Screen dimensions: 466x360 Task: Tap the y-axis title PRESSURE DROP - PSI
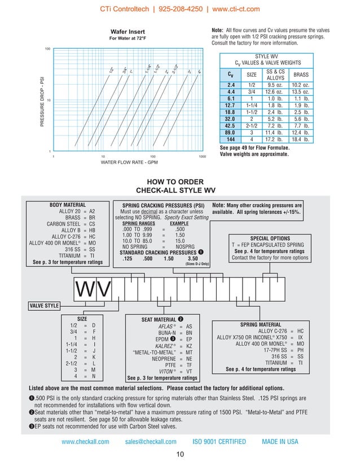coord(42,101)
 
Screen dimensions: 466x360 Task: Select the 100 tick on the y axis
coord(48,49)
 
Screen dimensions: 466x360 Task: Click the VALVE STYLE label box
coord(44,306)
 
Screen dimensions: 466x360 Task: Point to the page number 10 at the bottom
coord(180,455)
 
